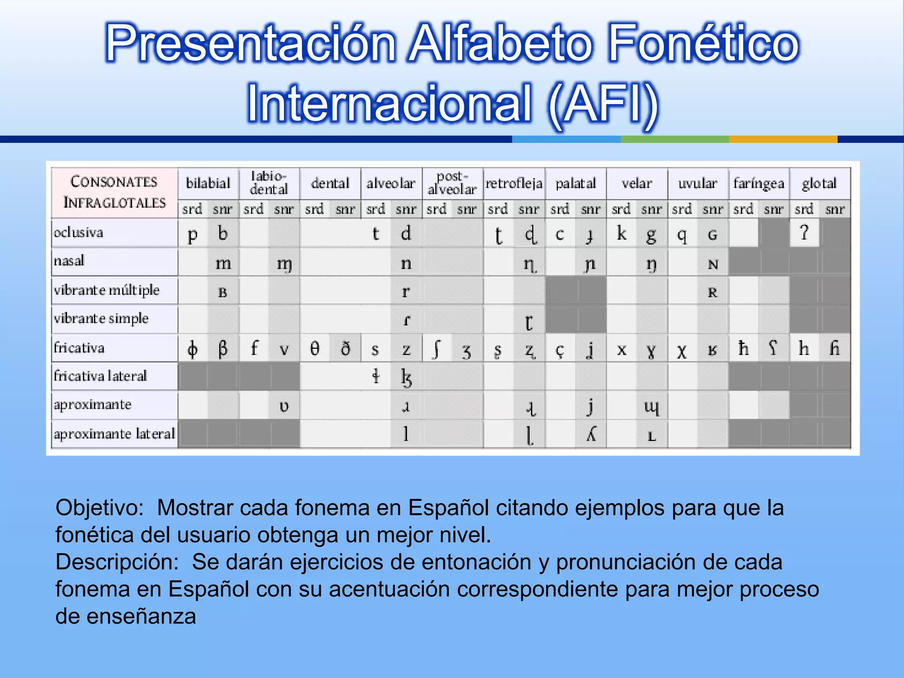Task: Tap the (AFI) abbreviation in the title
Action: click(603, 104)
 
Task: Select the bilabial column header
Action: click(208, 183)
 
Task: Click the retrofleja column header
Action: click(514, 183)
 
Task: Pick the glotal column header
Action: click(819, 183)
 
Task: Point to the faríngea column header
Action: click(758, 183)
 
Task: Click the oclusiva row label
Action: click(79, 232)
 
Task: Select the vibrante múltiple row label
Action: click(106, 290)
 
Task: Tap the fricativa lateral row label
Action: click(100, 376)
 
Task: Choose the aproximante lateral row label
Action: click(114, 433)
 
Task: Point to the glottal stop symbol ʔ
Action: click(804, 232)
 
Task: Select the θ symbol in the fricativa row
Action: click(314, 349)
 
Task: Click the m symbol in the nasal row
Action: click(223, 264)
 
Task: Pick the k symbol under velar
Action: click(621, 233)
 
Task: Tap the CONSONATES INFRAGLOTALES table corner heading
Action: click(114, 192)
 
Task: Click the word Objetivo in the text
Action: click(99, 508)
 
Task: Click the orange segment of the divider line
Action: click(783, 139)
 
